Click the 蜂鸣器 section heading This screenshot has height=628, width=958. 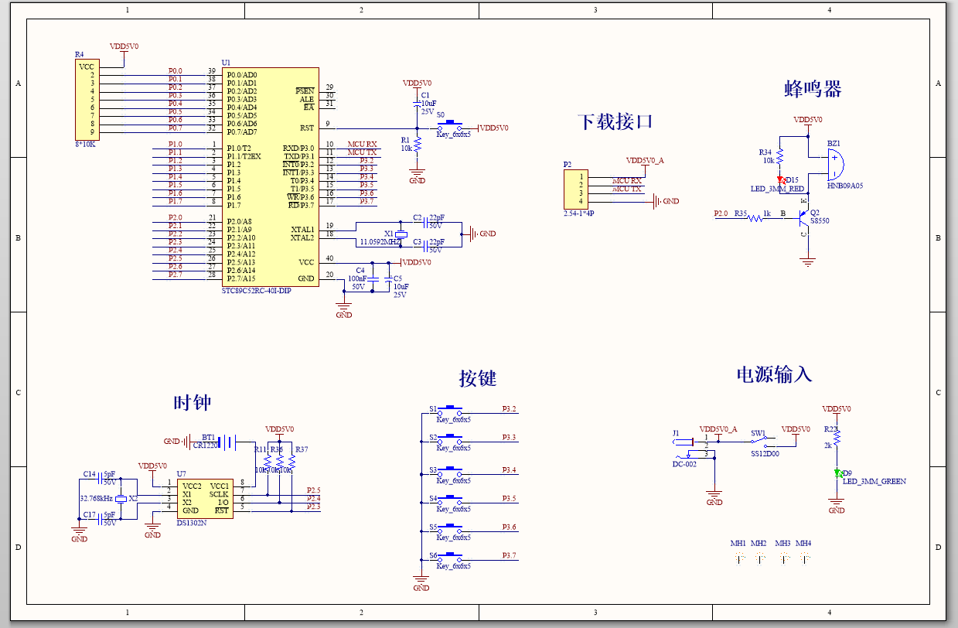pos(812,89)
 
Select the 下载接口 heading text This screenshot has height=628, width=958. pos(615,122)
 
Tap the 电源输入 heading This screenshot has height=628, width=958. pos(773,375)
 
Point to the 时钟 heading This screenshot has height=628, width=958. pos(192,403)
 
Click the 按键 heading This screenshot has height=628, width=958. pos(477,378)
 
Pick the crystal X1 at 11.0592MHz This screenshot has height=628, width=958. pos(401,234)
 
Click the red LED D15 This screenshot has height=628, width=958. pos(780,180)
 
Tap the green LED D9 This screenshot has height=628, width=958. pos(837,473)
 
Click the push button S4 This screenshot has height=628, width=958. pos(450,499)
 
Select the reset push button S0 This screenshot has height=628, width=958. pos(450,124)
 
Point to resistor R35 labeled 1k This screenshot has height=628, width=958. pos(754,218)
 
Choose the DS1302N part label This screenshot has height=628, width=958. pos(191,524)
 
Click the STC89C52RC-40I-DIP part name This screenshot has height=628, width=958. pos(257,291)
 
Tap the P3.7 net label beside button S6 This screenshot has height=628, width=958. pos(508,555)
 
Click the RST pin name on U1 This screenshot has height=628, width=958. pos(306,128)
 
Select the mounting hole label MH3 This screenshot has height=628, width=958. pos(782,544)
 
